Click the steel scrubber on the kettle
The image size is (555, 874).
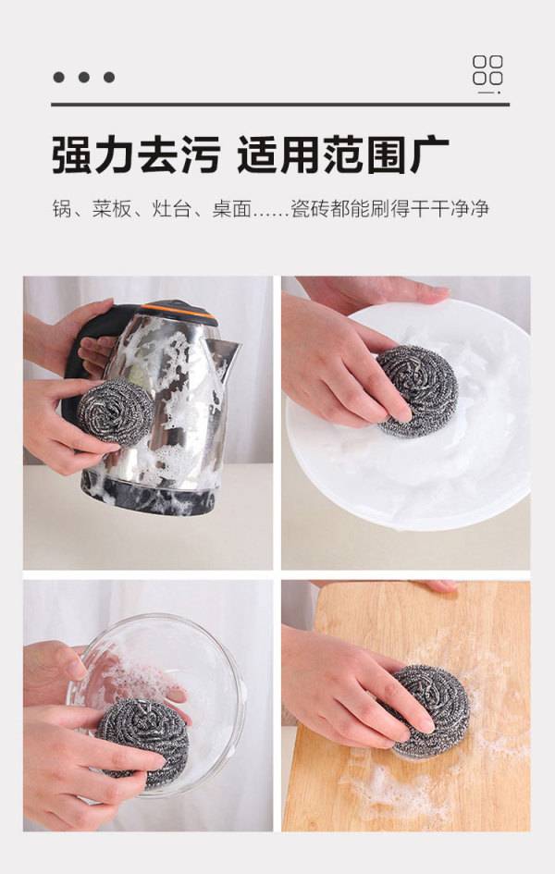coord(116,412)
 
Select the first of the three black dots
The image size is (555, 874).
coord(58,78)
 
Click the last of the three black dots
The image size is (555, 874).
coord(109,78)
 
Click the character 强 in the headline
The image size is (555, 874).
coord(72,155)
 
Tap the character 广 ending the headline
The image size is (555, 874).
coord(429,155)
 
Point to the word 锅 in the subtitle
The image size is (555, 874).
coord(61,209)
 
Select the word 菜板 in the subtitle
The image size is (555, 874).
coord(111,209)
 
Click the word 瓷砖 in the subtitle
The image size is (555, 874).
coord(311,209)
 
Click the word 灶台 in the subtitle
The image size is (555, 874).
coord(171,209)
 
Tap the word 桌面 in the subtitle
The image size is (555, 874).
coord(231,209)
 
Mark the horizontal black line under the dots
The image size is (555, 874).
coord(280,105)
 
